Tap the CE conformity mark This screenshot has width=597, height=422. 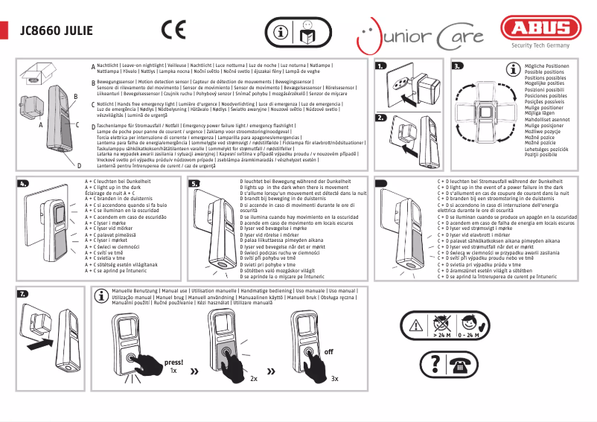click(x=173, y=31)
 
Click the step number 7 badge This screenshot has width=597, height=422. click(x=23, y=294)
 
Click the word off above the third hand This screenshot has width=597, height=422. click(x=329, y=351)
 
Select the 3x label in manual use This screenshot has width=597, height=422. click(x=335, y=379)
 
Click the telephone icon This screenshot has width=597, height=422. click(x=458, y=362)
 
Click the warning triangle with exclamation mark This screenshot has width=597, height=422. click(x=414, y=325)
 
